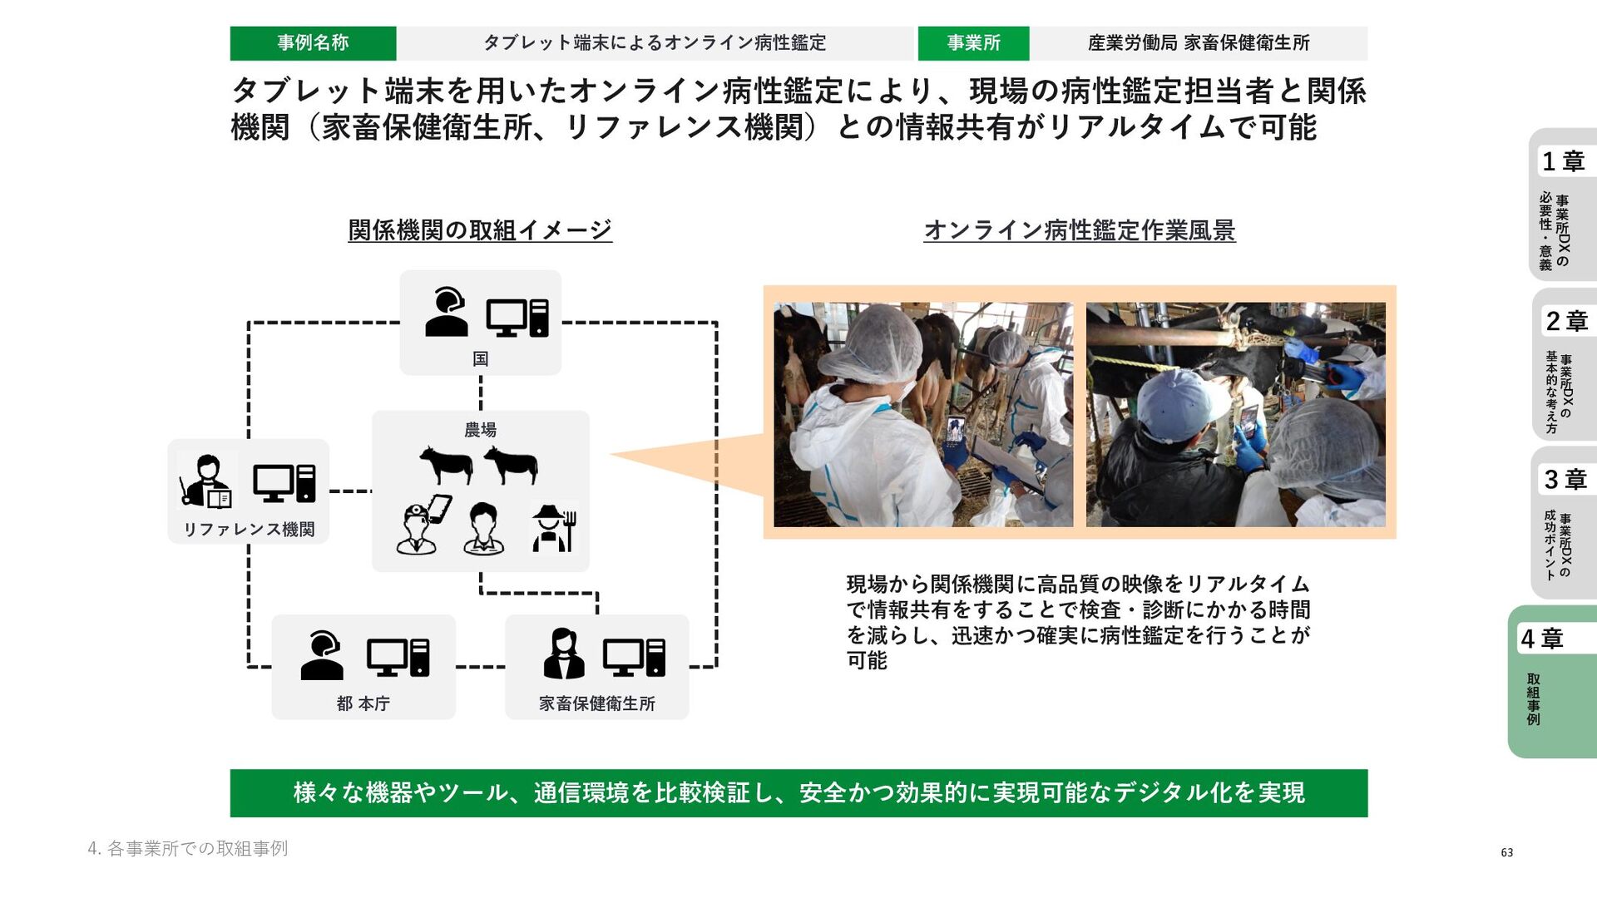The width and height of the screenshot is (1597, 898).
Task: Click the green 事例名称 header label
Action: pos(313,43)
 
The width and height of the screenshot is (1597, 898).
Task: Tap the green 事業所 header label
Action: pos(973,43)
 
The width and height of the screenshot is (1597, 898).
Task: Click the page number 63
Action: pos(1506,852)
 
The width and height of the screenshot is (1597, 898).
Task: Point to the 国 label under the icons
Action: pos(481,359)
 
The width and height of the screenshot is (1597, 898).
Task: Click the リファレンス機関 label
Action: pos(249,530)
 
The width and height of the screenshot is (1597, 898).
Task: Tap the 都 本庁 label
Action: pos(363,703)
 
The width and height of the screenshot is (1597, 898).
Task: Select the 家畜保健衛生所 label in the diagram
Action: pos(596,703)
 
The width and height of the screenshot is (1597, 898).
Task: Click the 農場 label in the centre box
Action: pos(481,430)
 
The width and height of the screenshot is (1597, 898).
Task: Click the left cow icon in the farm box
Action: pos(446,464)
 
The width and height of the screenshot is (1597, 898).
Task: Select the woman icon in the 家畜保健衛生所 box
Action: pos(563,654)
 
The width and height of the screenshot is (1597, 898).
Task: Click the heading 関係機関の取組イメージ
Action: pos(480,230)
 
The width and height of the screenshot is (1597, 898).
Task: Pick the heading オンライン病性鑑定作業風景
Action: pos(1080,230)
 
